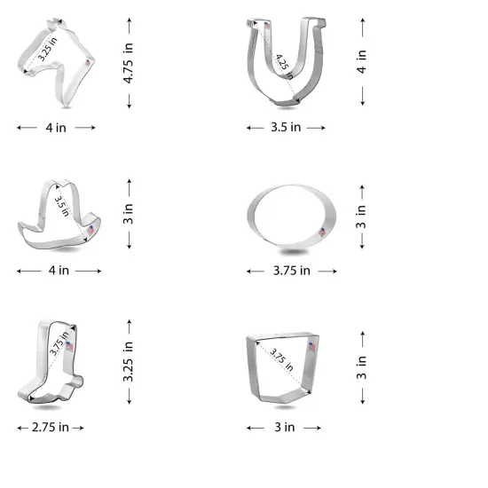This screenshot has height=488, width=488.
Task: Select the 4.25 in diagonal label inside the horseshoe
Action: pyautogui.click(x=283, y=63)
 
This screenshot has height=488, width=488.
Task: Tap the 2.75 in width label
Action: pyautogui.click(x=51, y=428)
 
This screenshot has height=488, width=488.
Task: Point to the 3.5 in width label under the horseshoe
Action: pyautogui.click(x=286, y=128)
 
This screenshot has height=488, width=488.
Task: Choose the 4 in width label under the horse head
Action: pyautogui.click(x=55, y=128)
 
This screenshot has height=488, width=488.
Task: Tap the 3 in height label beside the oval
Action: pyautogui.click(x=362, y=216)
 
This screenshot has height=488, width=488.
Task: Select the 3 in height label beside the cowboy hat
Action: pyautogui.click(x=129, y=213)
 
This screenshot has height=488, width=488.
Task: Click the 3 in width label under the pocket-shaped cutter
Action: pyautogui.click(x=284, y=428)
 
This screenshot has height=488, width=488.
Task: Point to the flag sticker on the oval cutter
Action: pyautogui.click(x=321, y=231)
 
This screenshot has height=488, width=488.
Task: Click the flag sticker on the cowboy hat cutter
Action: pyautogui.click(x=90, y=230)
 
